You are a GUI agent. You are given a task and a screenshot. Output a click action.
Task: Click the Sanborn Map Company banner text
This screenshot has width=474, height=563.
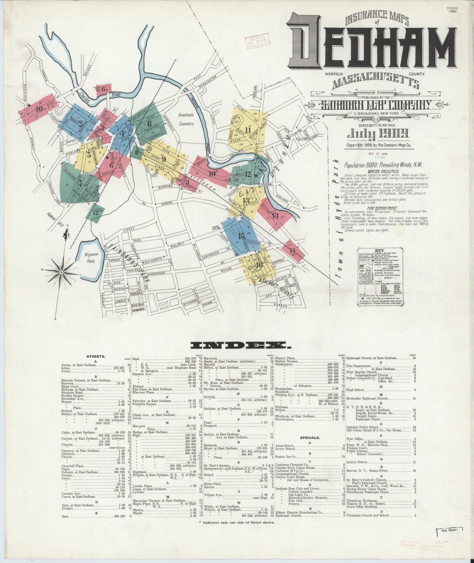click(374, 105)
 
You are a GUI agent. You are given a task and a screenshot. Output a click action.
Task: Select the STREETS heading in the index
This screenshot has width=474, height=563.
click(96, 356)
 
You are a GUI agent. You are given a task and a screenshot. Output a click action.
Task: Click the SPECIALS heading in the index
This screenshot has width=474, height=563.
click(309, 438)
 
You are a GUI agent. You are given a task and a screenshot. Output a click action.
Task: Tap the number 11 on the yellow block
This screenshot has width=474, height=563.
click(248, 130)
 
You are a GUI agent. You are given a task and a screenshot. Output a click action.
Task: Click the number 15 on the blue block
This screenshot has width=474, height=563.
click(241, 236)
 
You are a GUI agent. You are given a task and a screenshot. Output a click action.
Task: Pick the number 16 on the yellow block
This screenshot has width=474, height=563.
click(259, 265)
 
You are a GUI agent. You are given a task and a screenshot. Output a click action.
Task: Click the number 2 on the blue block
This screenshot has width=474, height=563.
click(80, 123)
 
